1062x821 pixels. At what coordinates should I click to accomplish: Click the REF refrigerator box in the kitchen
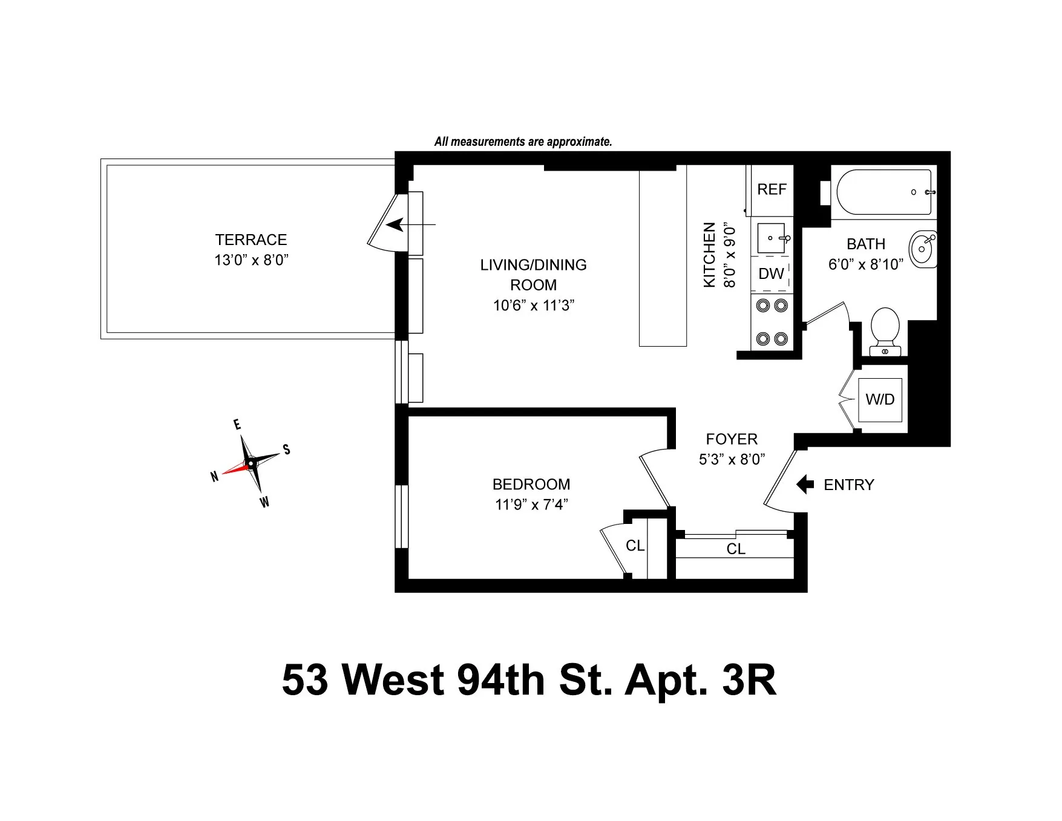pos(772,190)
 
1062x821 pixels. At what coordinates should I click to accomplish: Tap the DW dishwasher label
pos(771,274)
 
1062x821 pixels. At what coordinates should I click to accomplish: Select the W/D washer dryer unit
pos(880,399)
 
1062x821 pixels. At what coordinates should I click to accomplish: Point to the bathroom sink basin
pos(922,249)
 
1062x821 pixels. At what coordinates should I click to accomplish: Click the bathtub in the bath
pos(883,192)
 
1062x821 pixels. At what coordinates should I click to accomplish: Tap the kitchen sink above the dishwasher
pos(772,238)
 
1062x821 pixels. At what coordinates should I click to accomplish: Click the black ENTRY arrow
pos(805,485)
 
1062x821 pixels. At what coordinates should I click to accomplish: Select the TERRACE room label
pos(251,240)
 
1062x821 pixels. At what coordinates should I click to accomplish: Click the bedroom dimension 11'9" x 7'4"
pos(531,504)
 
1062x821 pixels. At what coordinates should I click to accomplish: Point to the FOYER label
pos(731,439)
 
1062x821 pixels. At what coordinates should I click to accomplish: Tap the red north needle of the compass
pos(234,468)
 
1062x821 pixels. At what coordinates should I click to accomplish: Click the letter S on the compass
pos(287,450)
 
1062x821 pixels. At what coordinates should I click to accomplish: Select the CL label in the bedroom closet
pos(635,546)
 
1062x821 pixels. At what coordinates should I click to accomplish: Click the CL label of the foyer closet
pos(736,549)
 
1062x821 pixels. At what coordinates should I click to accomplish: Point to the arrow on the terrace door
pos(399,225)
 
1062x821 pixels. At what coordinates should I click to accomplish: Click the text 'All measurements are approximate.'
pos(523,142)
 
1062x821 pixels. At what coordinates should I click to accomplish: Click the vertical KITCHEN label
pos(710,255)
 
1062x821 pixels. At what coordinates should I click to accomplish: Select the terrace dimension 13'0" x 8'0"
pos(251,260)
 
